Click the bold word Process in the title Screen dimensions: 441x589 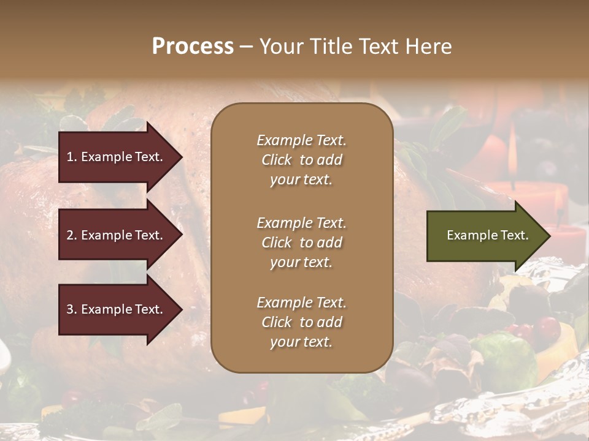click(x=193, y=47)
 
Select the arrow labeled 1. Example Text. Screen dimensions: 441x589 click(x=117, y=157)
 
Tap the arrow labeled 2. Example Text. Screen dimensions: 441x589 click(x=117, y=235)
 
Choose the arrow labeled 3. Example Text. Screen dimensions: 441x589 click(x=117, y=309)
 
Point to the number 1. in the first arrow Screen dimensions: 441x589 click(x=72, y=157)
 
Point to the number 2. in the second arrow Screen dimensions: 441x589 click(x=72, y=235)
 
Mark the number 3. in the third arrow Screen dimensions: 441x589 click(x=72, y=309)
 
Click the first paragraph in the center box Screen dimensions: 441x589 click(x=301, y=160)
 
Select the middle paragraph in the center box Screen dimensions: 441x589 click(x=301, y=243)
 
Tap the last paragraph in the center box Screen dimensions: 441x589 click(x=301, y=322)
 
